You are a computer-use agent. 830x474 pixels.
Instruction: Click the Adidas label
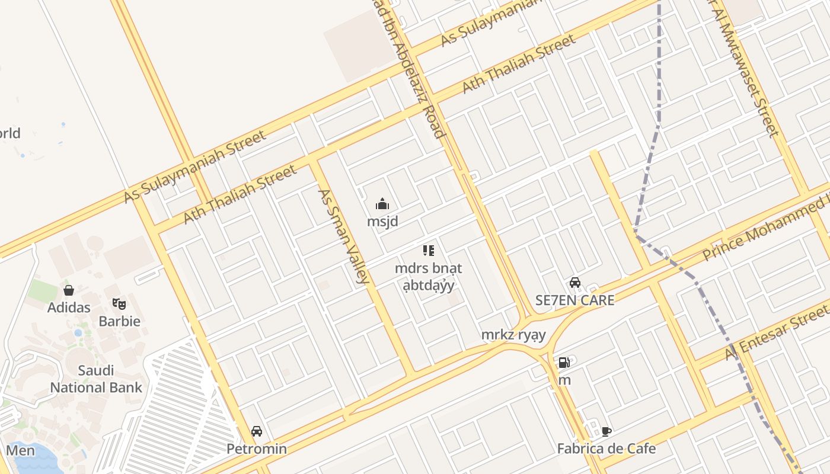pos(69,307)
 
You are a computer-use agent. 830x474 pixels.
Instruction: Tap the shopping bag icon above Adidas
pos(69,290)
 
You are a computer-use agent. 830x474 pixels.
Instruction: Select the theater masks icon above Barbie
pos(119,305)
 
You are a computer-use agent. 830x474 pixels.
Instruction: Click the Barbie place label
pos(119,321)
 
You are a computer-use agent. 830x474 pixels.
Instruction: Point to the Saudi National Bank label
pos(96,379)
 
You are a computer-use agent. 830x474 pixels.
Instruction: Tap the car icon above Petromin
pos(256,431)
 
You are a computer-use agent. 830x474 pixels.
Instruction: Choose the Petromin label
pos(256,449)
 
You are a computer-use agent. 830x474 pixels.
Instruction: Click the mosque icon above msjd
pos(382,205)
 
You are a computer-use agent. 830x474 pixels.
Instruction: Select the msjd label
pos(382,222)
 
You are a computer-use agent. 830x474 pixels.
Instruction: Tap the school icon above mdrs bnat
pos(428,251)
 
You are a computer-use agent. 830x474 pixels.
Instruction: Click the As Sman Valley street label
pos(344,236)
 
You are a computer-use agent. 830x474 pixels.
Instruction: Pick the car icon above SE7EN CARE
pos(574,283)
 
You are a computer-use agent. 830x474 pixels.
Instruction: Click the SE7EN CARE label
pos(574,300)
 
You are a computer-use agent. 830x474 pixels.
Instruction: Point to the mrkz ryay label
pos(513,335)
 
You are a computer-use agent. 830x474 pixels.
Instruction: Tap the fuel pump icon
pos(564,362)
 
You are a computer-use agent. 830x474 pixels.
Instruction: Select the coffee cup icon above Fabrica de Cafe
pos(606,431)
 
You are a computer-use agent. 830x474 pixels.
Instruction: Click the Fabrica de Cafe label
pos(606,449)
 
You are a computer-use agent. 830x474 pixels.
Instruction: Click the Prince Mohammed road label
pos(765,228)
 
